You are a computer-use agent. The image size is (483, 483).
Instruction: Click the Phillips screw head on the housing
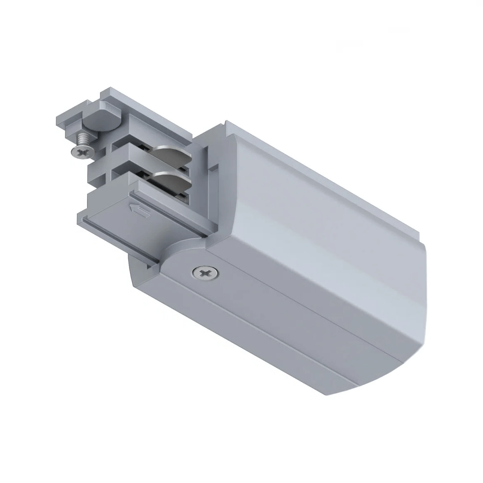tap(204, 274)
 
